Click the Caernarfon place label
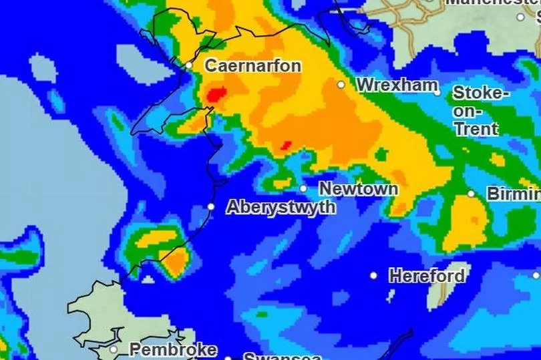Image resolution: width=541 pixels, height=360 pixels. (x=252, y=65)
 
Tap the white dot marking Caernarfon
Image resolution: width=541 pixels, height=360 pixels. (x=189, y=65)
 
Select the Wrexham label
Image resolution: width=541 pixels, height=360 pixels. (x=397, y=85)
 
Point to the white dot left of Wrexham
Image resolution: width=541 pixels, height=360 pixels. (x=341, y=85)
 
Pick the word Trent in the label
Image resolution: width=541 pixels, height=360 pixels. (x=476, y=128)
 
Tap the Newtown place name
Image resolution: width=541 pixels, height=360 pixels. (x=358, y=189)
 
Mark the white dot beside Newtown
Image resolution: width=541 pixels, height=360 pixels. (x=303, y=189)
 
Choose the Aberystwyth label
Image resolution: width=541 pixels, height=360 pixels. (x=281, y=207)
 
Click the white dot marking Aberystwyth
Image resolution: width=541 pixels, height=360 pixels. (x=211, y=207)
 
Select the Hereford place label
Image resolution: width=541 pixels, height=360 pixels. (x=427, y=275)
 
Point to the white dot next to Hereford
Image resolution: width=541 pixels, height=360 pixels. (x=373, y=275)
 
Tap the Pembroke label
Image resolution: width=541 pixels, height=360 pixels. (x=172, y=349)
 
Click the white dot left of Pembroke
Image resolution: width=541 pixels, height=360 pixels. (x=114, y=349)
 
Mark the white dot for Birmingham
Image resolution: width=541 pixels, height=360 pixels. (x=471, y=194)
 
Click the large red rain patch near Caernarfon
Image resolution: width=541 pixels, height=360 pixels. (x=214, y=95)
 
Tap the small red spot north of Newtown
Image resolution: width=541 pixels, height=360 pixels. (x=286, y=145)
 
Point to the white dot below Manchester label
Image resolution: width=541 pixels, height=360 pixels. (x=521, y=17)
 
